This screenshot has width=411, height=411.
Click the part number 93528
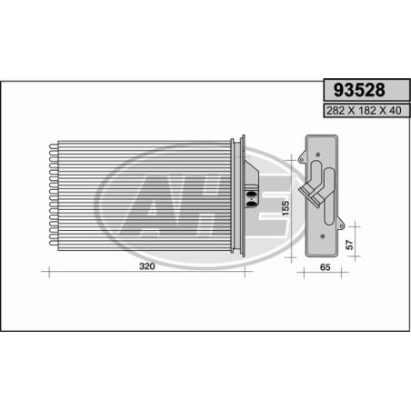coord(361,91)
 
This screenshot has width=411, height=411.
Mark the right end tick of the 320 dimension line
coord(246,273)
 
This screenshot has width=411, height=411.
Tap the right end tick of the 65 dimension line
coord(341,273)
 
